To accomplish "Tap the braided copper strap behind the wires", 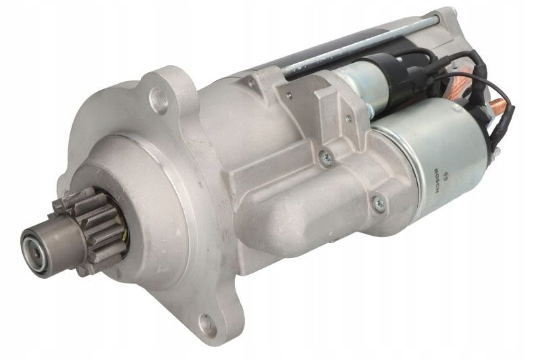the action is [x=462, y=78].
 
